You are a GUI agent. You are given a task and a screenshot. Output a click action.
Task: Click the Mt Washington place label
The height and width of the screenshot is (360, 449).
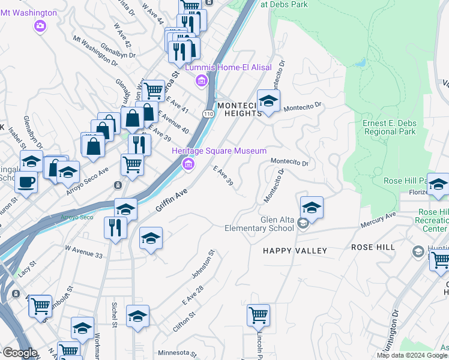[31, 13]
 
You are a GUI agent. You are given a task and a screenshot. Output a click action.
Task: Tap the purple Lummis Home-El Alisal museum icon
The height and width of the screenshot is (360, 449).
[202, 80]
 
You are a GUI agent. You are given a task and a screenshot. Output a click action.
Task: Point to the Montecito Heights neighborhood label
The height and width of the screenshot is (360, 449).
[240, 109]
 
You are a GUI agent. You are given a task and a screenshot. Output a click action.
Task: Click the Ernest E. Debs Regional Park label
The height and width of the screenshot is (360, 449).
[389, 127]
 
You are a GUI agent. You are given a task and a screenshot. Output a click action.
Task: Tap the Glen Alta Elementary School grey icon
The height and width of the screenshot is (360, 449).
[304, 223]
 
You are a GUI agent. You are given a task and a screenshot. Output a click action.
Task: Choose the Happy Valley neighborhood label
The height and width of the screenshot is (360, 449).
[295, 250]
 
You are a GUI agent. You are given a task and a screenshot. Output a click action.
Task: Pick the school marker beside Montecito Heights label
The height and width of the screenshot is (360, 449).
[268, 100]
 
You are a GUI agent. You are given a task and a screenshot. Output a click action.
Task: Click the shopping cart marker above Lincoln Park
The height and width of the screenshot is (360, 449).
[258, 314]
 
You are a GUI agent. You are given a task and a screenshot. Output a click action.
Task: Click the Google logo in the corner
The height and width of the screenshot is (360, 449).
[19, 353]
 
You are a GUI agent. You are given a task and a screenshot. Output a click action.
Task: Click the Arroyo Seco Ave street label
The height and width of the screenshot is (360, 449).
[88, 172]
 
